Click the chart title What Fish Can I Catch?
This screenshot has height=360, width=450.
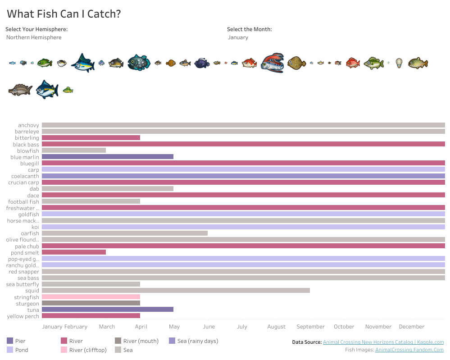coord(64,14)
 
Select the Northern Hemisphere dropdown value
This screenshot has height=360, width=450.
coord(34,37)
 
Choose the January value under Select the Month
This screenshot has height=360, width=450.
coord(238,37)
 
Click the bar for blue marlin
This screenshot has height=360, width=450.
coord(107,157)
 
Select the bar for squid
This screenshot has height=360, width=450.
coord(176,291)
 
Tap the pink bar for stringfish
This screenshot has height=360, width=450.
coord(91,297)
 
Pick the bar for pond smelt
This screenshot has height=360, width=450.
coord(73,252)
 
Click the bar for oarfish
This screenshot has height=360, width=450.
coord(124,233)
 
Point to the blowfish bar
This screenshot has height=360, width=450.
coord(73,150)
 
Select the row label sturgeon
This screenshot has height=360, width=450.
coord(27,304)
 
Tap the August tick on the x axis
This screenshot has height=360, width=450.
coord(276,327)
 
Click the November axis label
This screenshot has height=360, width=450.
coord(378,327)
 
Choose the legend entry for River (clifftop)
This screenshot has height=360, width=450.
coord(88,350)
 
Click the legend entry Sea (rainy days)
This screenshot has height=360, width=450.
coord(197,341)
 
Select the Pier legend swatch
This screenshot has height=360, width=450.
coord(10,341)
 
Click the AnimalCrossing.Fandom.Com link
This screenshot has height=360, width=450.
coord(409,350)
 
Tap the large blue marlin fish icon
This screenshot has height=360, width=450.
coord(83,63)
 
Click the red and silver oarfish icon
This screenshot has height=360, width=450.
coord(272,63)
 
